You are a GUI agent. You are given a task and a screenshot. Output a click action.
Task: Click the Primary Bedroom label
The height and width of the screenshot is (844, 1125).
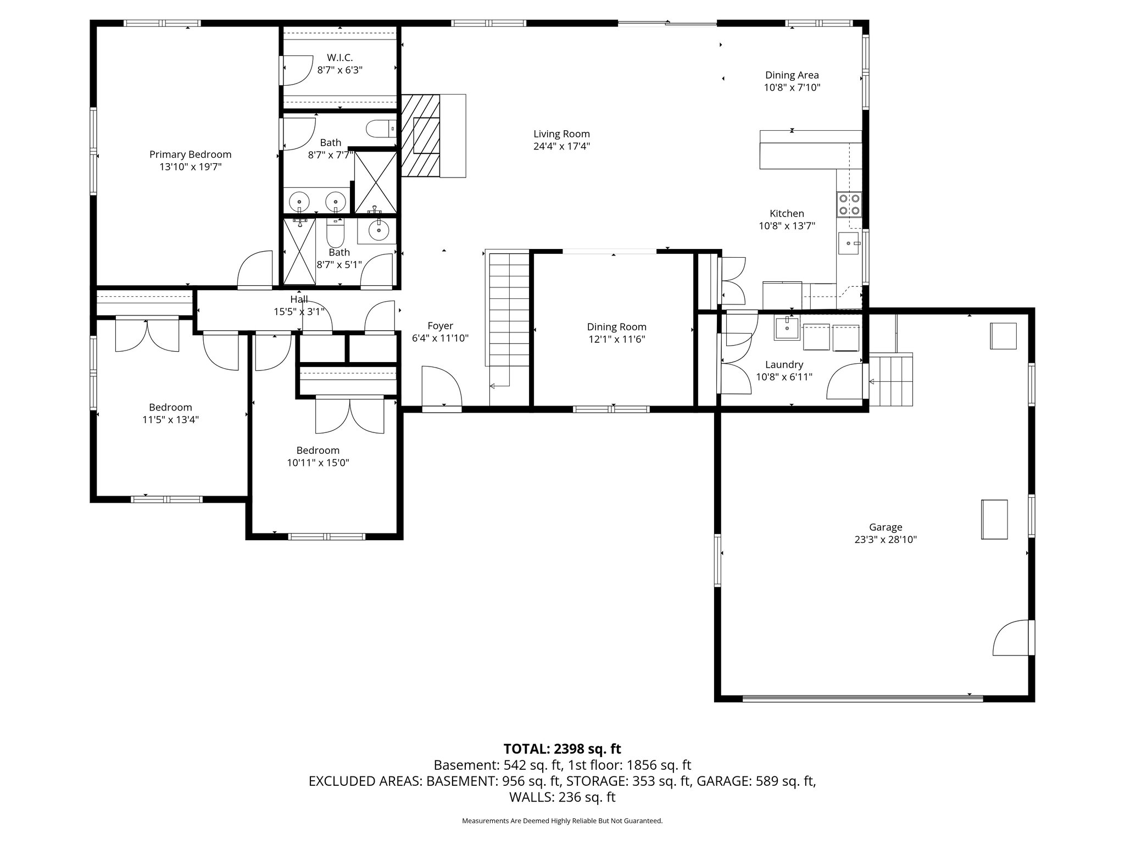point(190,155)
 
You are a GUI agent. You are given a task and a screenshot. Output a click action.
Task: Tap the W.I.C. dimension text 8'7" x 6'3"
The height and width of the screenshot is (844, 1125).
point(340,70)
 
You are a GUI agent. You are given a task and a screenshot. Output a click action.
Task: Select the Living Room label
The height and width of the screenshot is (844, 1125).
point(561,134)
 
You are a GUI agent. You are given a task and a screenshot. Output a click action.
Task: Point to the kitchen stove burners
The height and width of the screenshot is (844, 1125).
point(849,204)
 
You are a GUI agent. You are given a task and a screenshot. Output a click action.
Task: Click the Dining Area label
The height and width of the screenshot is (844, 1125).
point(792,75)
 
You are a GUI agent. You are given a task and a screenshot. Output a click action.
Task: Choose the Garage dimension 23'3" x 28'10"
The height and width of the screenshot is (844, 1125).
point(885,540)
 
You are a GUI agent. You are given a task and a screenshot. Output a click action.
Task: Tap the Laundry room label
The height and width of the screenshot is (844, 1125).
point(784,365)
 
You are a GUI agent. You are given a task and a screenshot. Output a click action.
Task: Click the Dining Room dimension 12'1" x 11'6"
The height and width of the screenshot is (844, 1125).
point(616,340)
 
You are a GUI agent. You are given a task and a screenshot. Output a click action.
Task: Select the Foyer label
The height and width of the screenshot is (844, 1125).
point(440,326)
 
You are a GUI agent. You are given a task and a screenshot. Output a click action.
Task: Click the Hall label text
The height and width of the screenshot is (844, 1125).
point(299,299)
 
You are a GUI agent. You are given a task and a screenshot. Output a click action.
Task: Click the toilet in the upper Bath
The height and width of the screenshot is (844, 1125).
point(381,129)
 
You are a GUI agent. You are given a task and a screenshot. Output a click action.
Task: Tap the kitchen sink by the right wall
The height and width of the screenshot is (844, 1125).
point(848,243)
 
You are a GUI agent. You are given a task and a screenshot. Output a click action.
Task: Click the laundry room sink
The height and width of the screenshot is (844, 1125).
point(788,329)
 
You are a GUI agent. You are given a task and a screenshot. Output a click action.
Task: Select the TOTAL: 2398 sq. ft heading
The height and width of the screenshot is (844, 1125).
point(562,749)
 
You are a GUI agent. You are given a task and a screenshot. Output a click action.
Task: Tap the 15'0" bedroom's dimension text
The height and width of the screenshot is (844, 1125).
point(318,463)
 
